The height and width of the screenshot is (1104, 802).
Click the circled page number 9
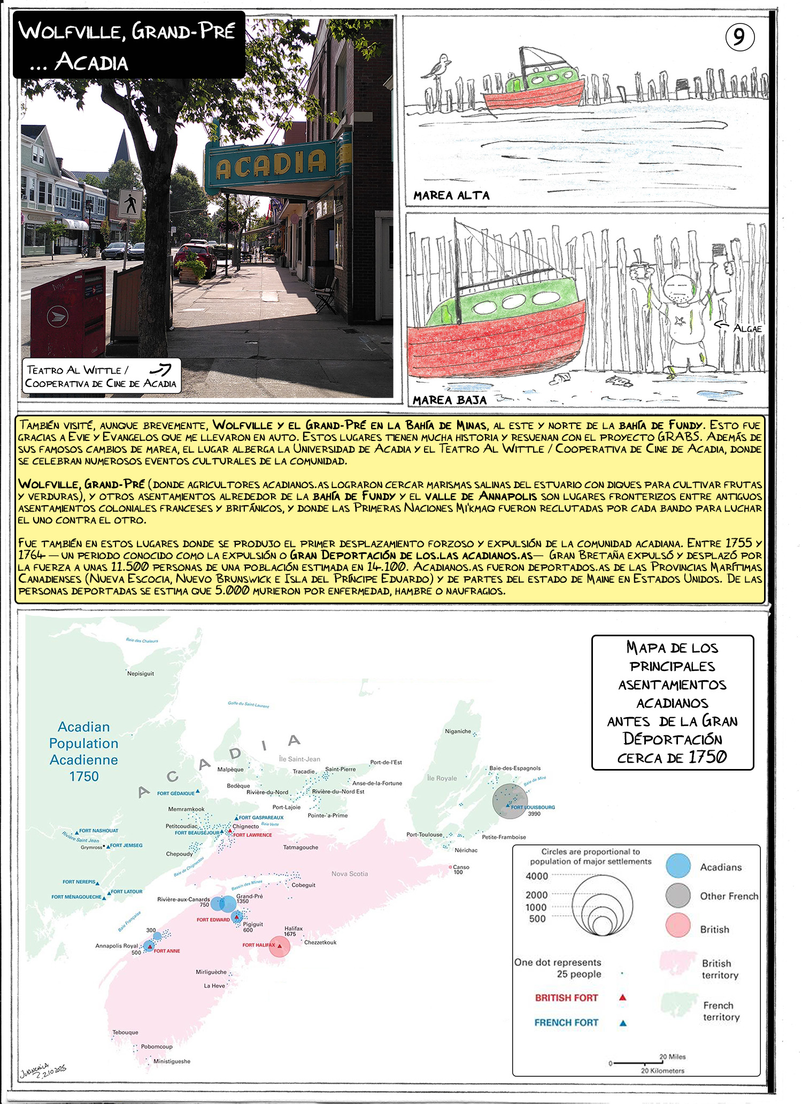coord(739,37)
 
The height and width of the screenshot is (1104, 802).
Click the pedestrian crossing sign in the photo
coord(130,203)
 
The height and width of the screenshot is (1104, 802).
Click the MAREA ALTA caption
coord(451,196)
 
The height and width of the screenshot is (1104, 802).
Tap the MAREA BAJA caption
coord(450,400)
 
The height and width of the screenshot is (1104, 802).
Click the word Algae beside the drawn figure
coord(747,329)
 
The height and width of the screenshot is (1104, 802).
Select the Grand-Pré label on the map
coord(249,896)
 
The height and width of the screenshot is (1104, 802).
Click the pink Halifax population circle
coord(279,946)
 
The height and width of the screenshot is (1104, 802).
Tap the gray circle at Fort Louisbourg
coord(510,801)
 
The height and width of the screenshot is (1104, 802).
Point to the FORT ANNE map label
coord(167,951)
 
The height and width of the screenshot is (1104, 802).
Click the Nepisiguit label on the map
coord(140,674)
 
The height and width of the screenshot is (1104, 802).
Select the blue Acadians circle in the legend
coord(678,865)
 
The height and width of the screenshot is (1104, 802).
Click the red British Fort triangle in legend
coord(622,998)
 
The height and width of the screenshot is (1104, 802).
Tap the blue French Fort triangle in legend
coord(622,1023)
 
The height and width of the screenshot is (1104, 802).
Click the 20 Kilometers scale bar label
coord(662,1070)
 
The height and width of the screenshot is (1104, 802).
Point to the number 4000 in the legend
coord(536,876)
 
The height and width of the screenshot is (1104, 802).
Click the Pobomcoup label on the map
coord(157,1047)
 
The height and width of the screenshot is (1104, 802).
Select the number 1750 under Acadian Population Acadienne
coord(84,776)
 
